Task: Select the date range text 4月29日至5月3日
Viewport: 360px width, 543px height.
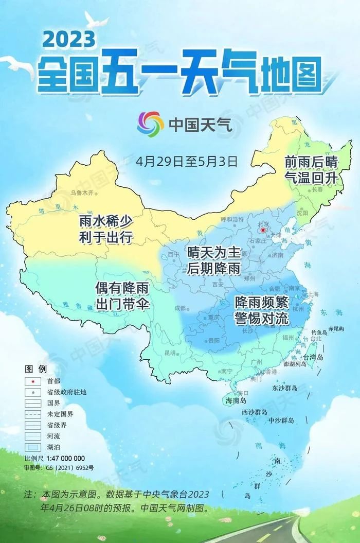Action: [x=187, y=161]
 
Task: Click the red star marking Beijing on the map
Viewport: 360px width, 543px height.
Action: [x=263, y=231]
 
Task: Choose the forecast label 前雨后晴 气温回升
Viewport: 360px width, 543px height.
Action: [x=312, y=169]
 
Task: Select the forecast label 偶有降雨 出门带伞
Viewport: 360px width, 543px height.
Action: [x=122, y=295]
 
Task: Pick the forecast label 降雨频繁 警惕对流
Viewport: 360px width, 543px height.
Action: [x=261, y=310]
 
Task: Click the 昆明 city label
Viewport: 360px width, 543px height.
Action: [x=169, y=353]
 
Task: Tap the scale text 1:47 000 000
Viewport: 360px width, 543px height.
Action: [x=65, y=458]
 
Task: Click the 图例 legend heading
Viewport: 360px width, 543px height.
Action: [x=35, y=369]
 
